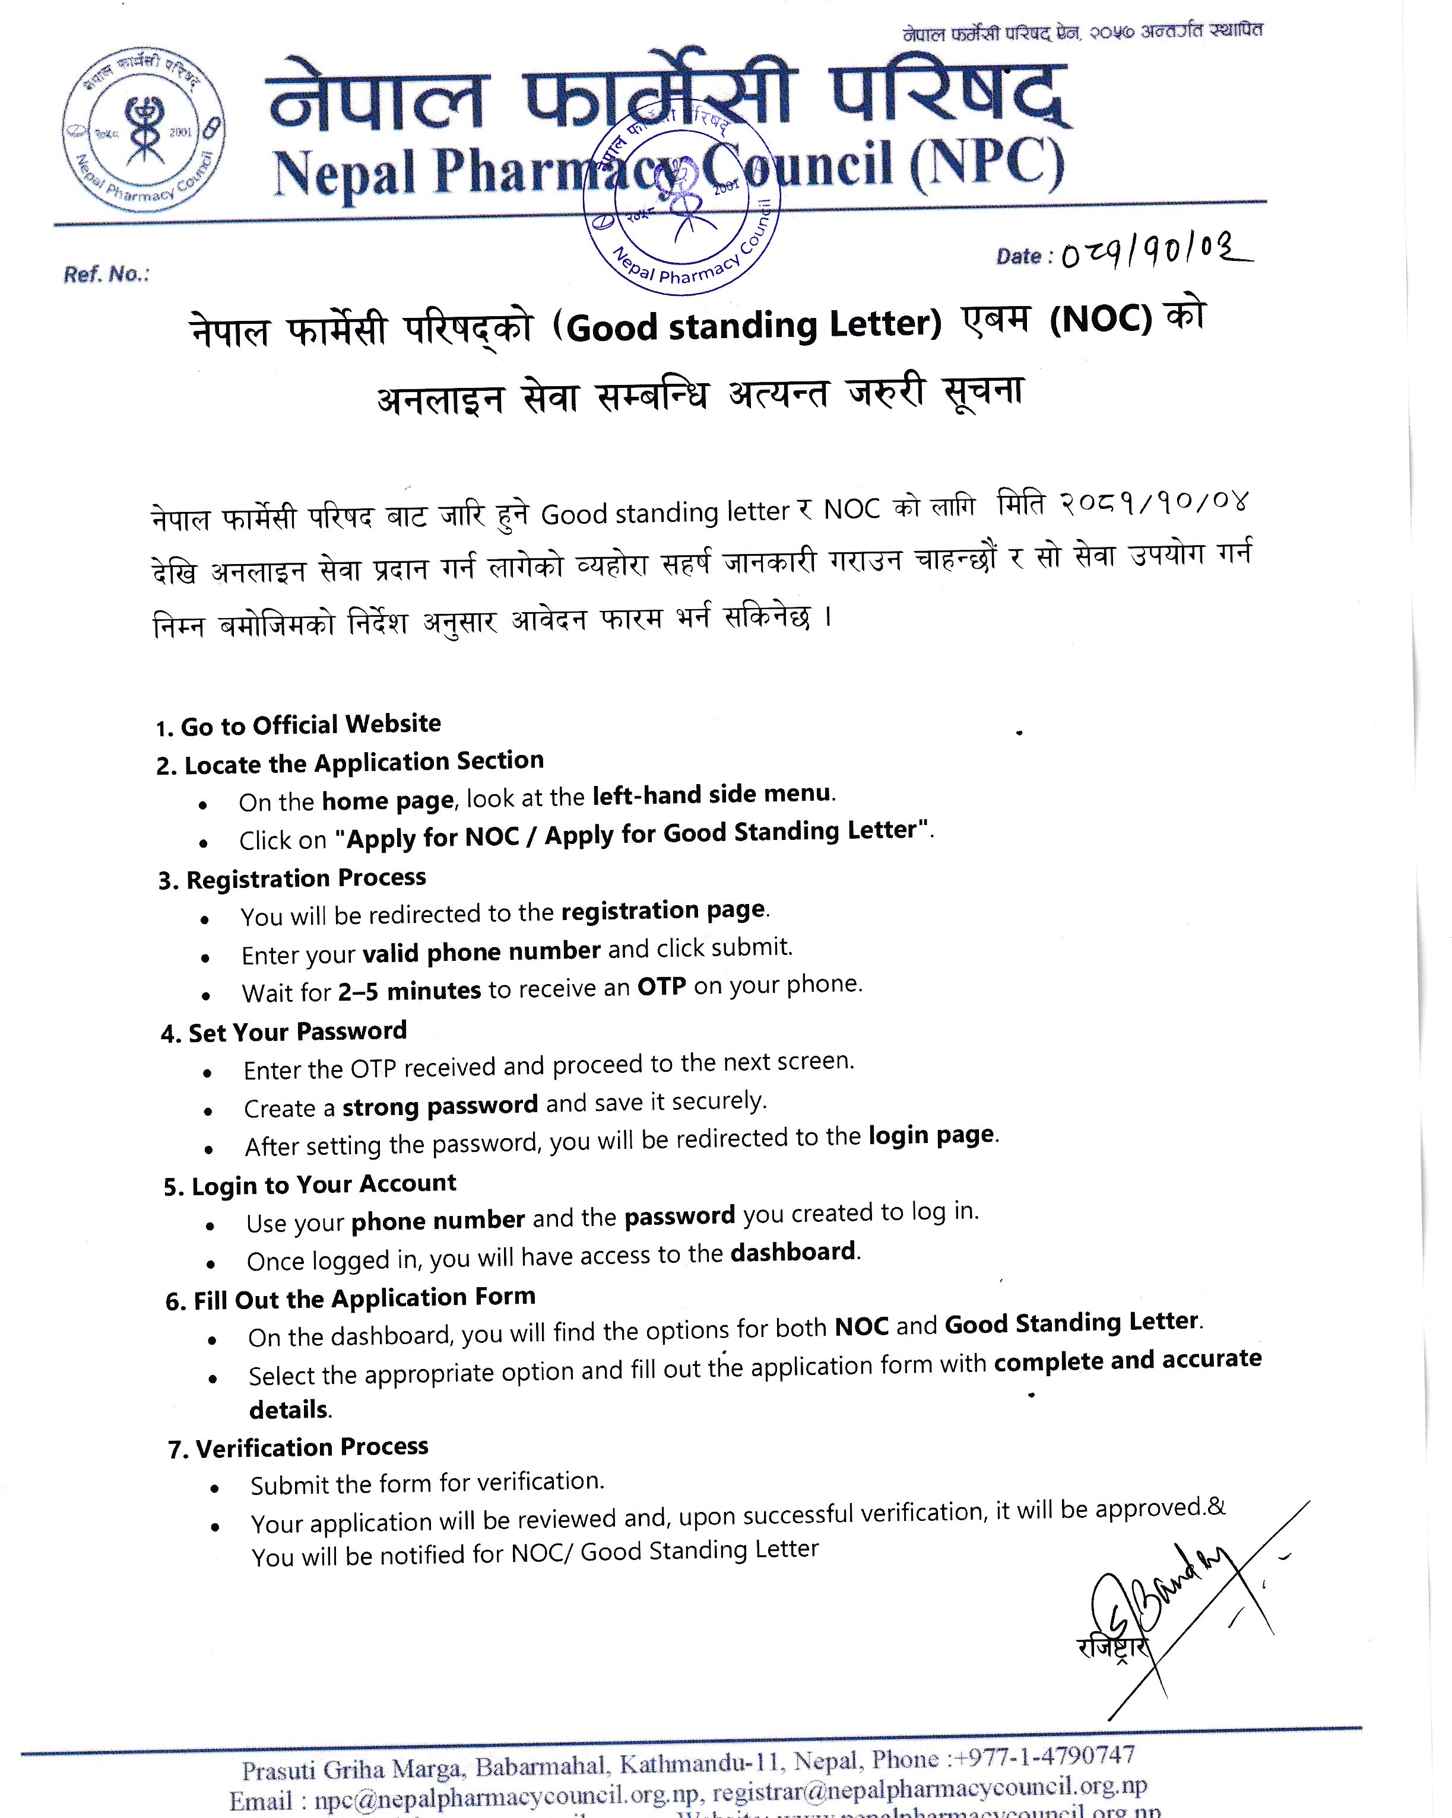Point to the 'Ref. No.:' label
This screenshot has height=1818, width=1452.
106,274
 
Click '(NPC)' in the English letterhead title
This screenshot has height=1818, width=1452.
987,165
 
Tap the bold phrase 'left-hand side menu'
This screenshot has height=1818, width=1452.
712,794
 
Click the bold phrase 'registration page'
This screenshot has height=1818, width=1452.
663,910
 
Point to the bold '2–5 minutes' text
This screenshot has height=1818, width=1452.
409,990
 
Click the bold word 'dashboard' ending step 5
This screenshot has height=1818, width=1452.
793,1252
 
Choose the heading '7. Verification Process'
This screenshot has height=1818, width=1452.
299,1447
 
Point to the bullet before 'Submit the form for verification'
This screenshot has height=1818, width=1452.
215,1489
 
